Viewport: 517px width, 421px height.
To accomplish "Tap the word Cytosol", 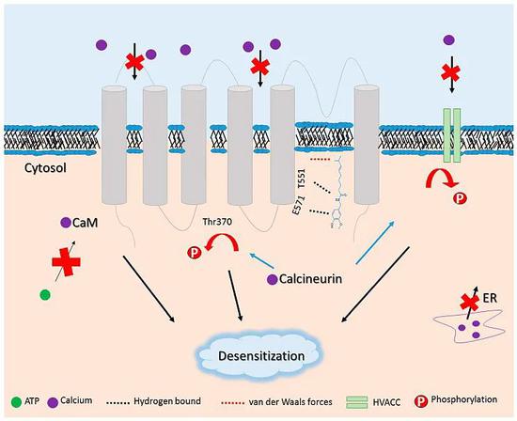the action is [x=45, y=168].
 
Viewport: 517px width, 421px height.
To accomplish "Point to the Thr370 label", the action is [x=217, y=222].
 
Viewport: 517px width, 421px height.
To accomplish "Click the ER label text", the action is [x=490, y=298].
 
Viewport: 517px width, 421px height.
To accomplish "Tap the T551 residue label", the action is [x=302, y=179].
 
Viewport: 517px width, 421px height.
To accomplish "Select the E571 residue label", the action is [x=299, y=206].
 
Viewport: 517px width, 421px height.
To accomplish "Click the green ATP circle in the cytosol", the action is [x=45, y=294].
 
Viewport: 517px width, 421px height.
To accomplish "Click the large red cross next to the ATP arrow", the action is [x=67, y=262].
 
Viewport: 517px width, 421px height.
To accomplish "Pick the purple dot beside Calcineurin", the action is [x=272, y=279].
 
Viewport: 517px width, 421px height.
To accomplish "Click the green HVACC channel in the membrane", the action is [x=452, y=135].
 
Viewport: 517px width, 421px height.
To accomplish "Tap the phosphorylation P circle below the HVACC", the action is [x=461, y=198].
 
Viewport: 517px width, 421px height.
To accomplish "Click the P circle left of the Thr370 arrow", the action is [x=195, y=253].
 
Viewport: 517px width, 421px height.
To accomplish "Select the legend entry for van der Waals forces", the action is [x=276, y=402].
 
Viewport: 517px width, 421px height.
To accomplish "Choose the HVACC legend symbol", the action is [x=357, y=402].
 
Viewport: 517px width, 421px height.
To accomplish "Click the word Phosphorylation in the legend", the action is [x=464, y=399].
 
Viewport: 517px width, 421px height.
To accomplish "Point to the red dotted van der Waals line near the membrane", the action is [x=321, y=160].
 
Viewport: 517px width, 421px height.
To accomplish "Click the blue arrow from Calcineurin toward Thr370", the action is [x=262, y=260].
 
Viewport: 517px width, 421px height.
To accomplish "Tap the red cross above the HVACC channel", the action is [x=450, y=72].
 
